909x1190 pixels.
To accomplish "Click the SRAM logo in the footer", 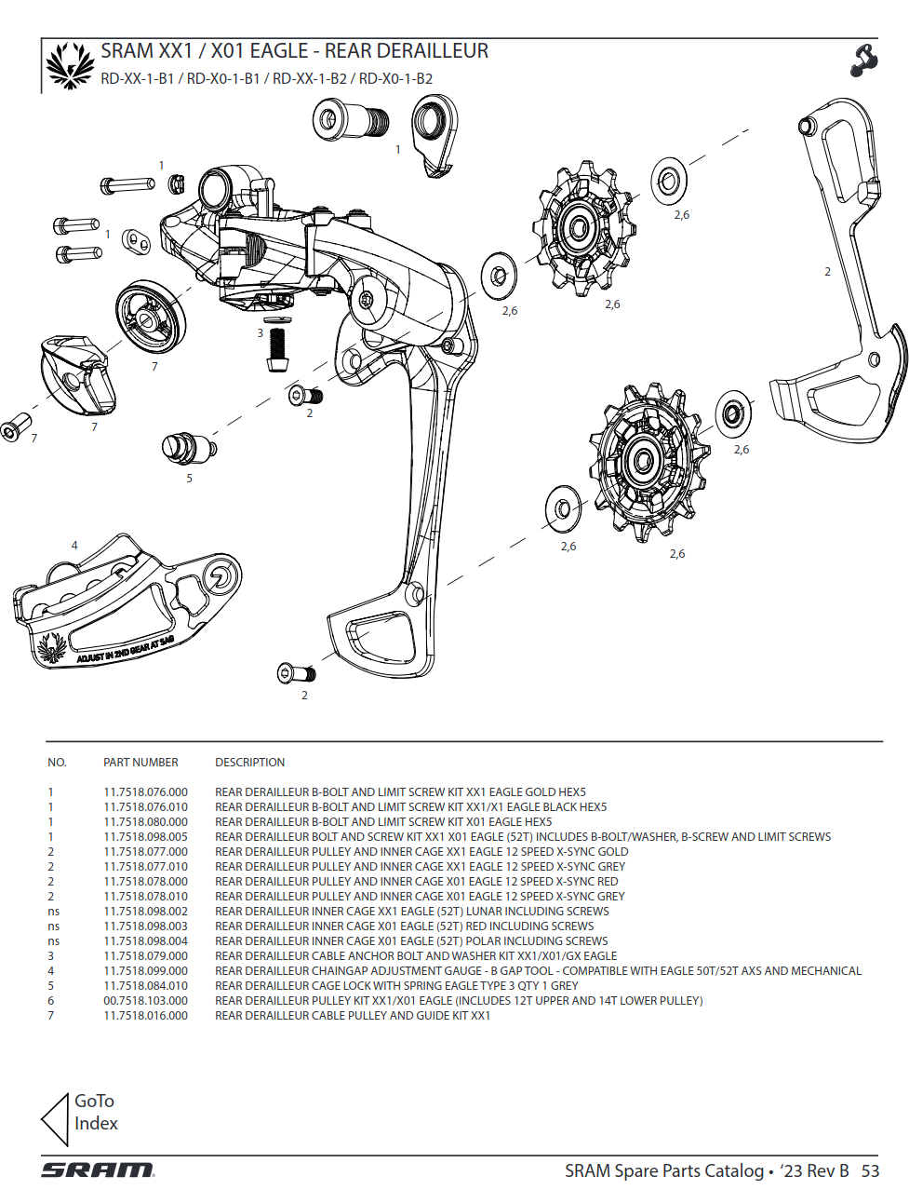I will tap(98, 1170).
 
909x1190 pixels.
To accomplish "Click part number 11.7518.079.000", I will tap(145, 956).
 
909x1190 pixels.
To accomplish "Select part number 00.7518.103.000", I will tap(145, 1001).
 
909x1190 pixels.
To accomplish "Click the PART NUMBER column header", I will tap(140, 763).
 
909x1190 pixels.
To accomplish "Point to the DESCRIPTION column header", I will tap(249, 763).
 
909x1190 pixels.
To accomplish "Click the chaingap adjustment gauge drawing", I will tap(126, 605).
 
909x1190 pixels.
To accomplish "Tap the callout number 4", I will tap(74, 546).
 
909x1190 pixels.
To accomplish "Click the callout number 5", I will tap(189, 479).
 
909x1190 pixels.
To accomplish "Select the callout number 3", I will tap(261, 333).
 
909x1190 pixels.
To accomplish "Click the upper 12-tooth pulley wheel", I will tap(579, 228).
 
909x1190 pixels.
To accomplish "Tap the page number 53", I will tap(870, 1171).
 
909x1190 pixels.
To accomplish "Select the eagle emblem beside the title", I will tap(71, 65).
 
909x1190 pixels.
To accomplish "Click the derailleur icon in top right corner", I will tap(863, 61).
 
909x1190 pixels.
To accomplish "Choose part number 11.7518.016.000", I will tap(145, 1016).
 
